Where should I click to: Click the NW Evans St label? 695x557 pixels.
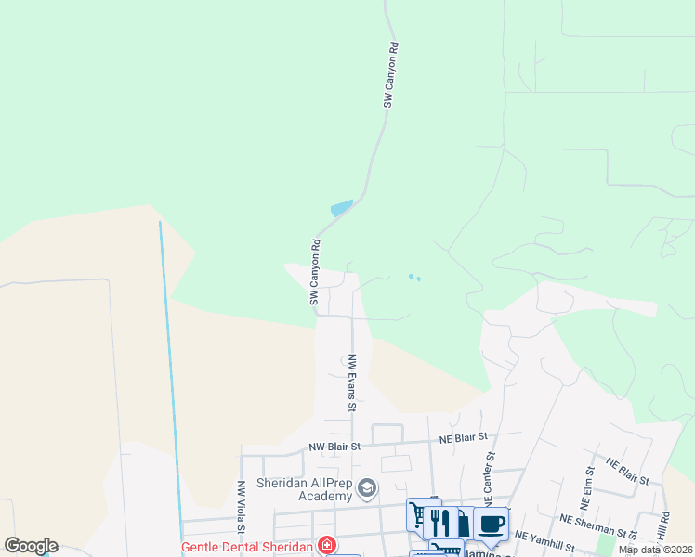(x=352, y=382)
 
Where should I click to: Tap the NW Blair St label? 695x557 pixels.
(x=334, y=446)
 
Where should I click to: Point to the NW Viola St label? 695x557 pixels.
(x=240, y=506)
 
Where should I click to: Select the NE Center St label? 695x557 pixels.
(x=487, y=473)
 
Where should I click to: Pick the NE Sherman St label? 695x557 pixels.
(x=600, y=526)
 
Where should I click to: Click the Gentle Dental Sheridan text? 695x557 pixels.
(x=246, y=546)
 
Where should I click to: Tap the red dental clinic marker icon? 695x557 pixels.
(x=326, y=545)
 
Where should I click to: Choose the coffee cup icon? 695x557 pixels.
(x=491, y=524)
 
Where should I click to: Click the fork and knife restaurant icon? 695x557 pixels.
(x=440, y=522)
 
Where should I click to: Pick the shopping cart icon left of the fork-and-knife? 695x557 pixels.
(x=418, y=514)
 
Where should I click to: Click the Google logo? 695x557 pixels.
(x=31, y=546)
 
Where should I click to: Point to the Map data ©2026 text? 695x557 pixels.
(x=655, y=550)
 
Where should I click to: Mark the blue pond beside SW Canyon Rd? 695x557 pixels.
(x=342, y=208)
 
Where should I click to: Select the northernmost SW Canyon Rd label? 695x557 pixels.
(x=391, y=74)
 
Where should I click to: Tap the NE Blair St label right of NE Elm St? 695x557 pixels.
(x=627, y=471)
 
